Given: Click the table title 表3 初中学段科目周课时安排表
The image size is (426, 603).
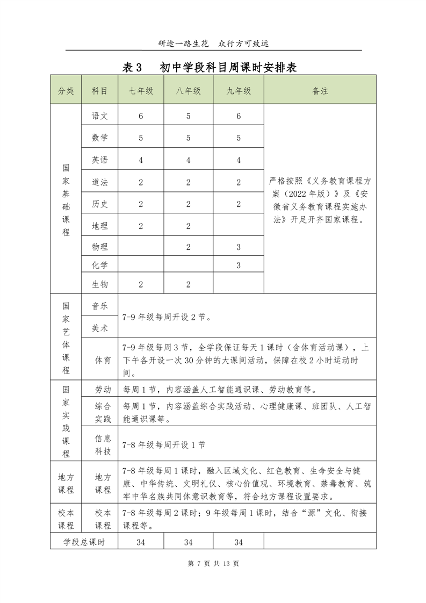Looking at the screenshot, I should (x=210, y=67).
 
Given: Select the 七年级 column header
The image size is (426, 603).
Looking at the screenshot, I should (x=141, y=91).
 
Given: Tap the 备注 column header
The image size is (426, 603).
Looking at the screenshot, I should (x=320, y=91).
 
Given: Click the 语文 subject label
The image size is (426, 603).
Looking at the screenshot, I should (x=99, y=116).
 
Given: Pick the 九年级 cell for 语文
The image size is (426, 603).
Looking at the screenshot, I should (x=239, y=116).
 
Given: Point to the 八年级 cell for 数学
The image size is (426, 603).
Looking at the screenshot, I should (x=189, y=138).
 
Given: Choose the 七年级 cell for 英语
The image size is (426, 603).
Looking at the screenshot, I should (x=141, y=160).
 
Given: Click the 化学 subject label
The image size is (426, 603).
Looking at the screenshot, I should (x=99, y=264).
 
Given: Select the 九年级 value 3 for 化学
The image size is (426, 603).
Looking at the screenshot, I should (x=239, y=264).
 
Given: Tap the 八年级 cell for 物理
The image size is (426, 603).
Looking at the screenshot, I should (x=189, y=247).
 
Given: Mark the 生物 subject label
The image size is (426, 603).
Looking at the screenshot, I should (x=99, y=284).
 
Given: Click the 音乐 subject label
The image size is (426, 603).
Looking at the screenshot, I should (x=99, y=306).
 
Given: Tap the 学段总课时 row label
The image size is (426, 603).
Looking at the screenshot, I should (x=84, y=542).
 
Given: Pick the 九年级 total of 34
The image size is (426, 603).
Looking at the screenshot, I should (x=239, y=542).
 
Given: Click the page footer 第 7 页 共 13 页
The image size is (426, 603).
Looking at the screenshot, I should (x=213, y=563).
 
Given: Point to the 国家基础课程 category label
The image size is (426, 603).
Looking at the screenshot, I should (x=66, y=199).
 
